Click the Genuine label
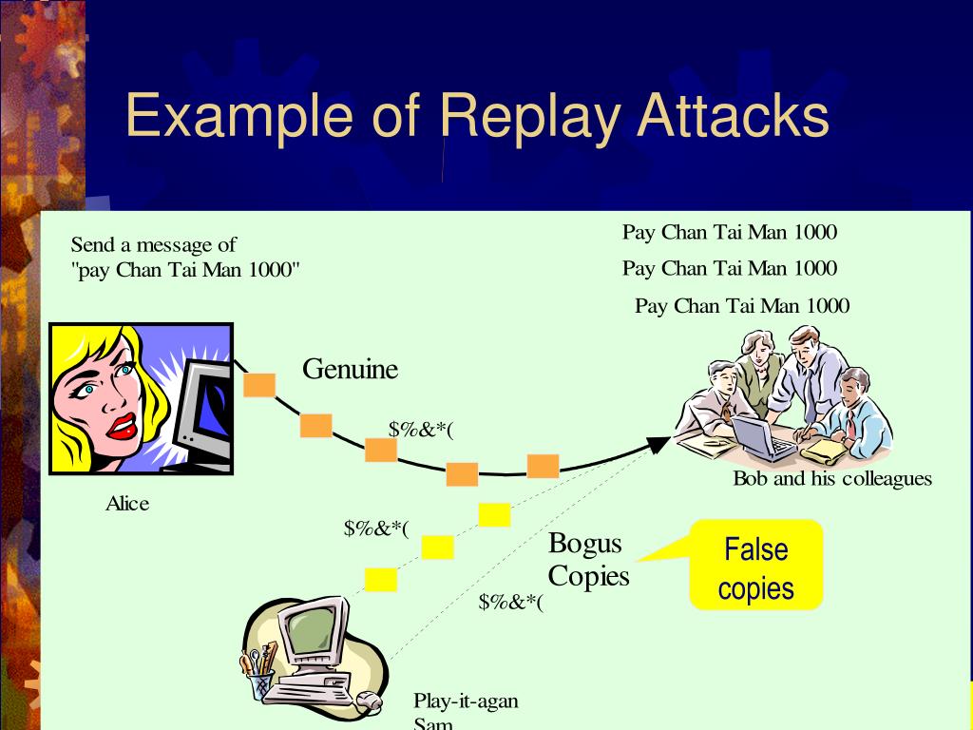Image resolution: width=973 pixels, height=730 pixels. [350, 369]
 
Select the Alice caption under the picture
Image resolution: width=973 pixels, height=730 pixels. [126, 504]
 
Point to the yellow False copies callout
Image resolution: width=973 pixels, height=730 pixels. [755, 568]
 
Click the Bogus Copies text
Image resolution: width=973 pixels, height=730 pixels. [588, 560]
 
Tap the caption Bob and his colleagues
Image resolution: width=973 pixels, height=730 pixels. [831, 478]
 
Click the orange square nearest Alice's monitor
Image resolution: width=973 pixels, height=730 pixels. [258, 384]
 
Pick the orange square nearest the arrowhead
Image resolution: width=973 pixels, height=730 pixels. [543, 466]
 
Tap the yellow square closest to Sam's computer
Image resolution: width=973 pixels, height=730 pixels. [380, 579]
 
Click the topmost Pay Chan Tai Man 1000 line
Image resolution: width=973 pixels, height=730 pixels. [729, 232]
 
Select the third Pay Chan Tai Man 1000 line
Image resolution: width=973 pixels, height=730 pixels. [741, 305]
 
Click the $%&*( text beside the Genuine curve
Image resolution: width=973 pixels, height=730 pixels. [421, 429]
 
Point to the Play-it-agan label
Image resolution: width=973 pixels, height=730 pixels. [466, 701]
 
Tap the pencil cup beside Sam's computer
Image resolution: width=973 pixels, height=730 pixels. [260, 677]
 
